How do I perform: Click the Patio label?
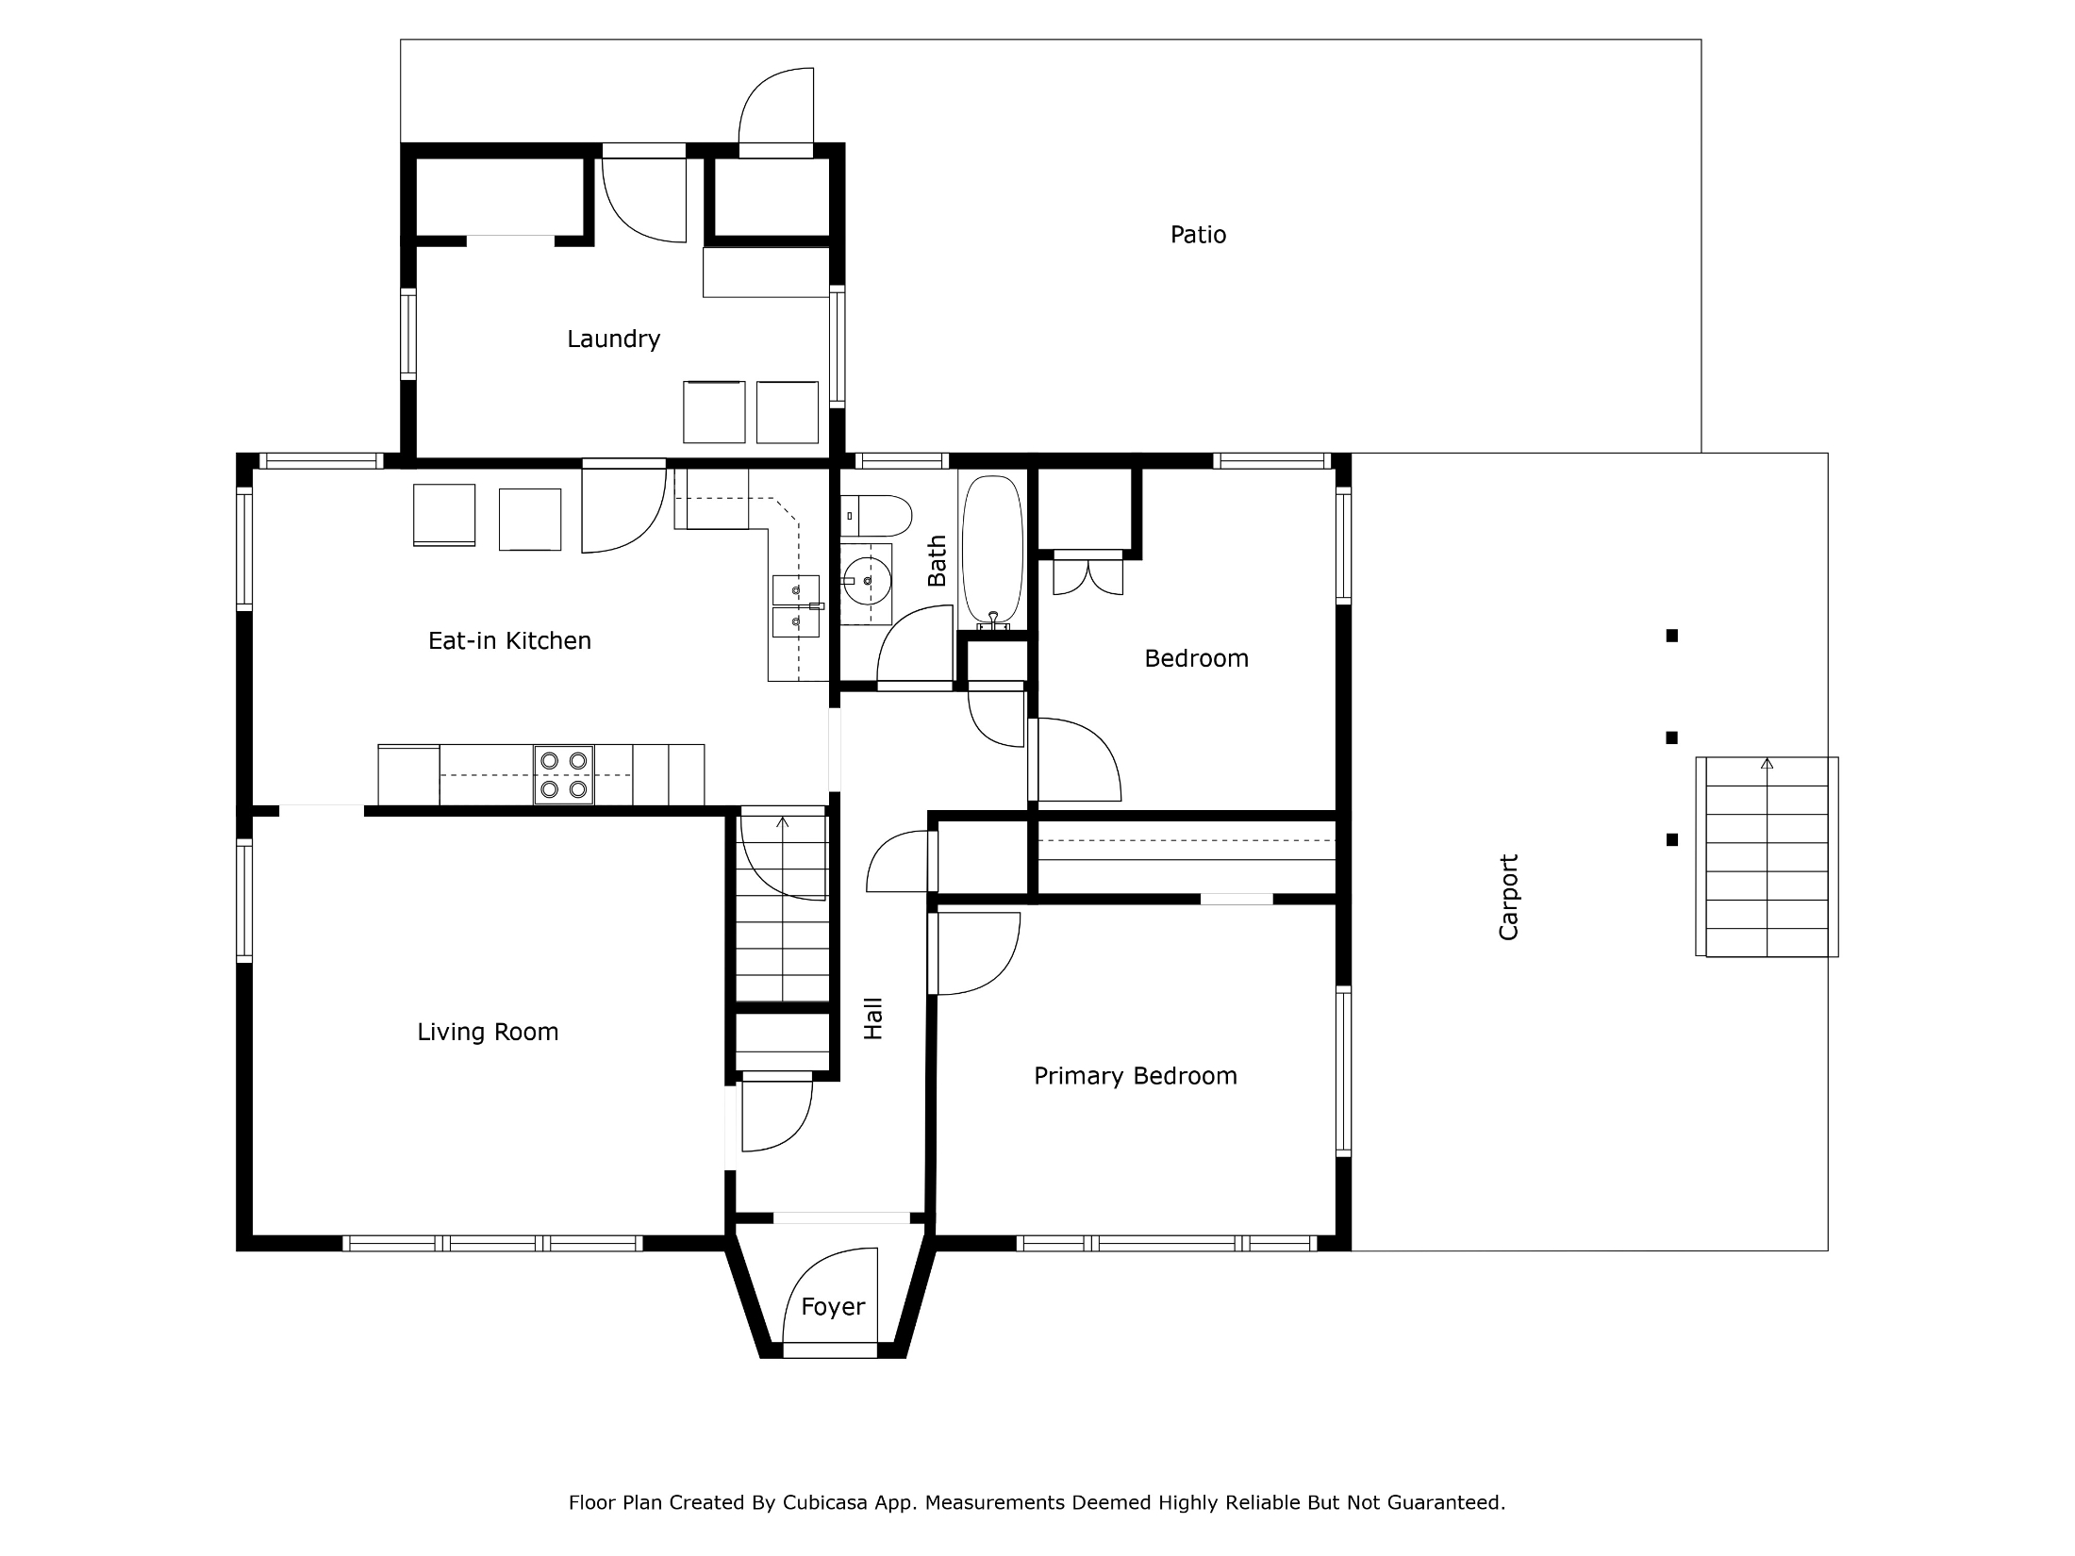click(1198, 235)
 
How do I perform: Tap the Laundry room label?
click(613, 339)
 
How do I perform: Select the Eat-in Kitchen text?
click(509, 641)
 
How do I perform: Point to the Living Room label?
click(488, 1033)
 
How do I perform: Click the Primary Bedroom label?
click(1136, 1077)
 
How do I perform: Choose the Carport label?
click(1509, 897)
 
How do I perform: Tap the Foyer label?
click(833, 1307)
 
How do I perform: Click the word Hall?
click(873, 1018)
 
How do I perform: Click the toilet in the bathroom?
click(876, 517)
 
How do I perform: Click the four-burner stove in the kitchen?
click(564, 774)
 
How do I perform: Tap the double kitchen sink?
click(796, 606)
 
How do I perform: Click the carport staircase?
click(1767, 856)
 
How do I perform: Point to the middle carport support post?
click(1672, 737)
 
